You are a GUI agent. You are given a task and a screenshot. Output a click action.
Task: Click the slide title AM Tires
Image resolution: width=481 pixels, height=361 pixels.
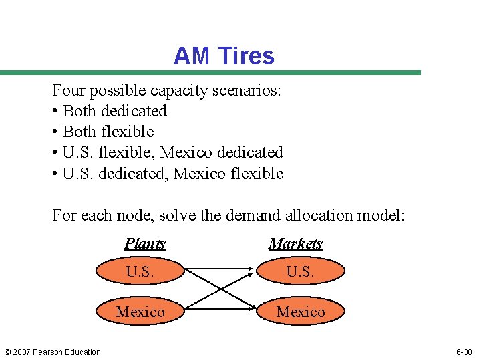coord(224,55)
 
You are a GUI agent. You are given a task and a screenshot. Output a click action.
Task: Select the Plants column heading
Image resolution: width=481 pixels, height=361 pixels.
coord(145,244)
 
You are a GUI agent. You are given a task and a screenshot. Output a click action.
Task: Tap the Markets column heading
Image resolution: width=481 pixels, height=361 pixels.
coord(295,244)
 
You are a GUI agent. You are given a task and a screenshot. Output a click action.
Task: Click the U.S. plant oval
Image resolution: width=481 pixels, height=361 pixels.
coord(140,272)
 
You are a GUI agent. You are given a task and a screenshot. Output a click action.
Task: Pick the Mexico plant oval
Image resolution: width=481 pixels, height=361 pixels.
coord(140,312)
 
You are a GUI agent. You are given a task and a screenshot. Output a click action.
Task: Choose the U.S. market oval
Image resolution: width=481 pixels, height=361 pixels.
coord(301,272)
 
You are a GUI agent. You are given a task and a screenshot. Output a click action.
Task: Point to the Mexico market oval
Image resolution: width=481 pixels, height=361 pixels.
coord(301,312)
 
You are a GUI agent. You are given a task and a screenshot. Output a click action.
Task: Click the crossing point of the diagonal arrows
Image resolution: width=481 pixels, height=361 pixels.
coord(220,291)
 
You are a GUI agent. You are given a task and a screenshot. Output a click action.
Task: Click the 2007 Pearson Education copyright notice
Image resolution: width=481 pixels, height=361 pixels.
coord(51,352)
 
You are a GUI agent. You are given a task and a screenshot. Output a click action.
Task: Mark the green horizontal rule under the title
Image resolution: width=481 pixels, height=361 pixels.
coord(210,72)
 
